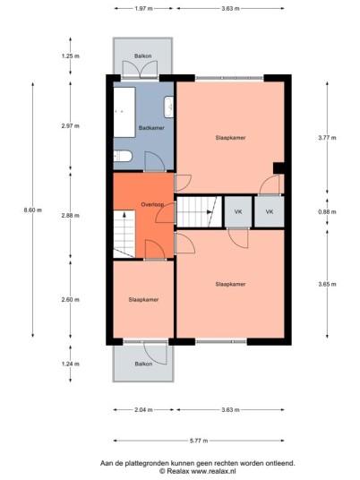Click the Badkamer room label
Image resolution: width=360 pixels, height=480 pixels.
(x=151, y=128)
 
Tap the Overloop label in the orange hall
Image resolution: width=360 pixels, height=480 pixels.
(x=152, y=204)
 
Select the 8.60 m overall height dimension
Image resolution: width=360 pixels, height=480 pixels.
(x=33, y=210)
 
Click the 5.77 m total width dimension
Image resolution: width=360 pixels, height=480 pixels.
(x=199, y=441)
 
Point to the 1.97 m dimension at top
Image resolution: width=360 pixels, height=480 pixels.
(x=143, y=9)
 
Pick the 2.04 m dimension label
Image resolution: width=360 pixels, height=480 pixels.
(x=143, y=409)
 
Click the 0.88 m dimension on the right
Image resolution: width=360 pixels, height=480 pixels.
(x=327, y=212)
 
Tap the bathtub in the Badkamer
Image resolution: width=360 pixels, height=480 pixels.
(x=124, y=112)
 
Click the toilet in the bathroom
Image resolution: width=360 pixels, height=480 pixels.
(x=123, y=156)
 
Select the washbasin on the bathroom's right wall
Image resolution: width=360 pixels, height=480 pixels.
(x=168, y=107)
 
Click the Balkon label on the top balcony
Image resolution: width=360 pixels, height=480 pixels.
(x=143, y=56)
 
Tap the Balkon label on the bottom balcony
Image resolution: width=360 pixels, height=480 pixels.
(x=143, y=364)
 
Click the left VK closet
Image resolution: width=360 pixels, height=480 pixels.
(x=238, y=211)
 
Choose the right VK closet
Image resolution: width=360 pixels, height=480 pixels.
(x=270, y=211)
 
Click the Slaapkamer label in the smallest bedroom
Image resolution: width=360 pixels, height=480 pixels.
(x=143, y=300)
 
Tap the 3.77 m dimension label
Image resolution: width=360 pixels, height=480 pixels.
(x=327, y=138)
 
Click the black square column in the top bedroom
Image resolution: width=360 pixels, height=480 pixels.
(x=279, y=168)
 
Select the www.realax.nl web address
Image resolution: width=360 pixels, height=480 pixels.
(x=213, y=471)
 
